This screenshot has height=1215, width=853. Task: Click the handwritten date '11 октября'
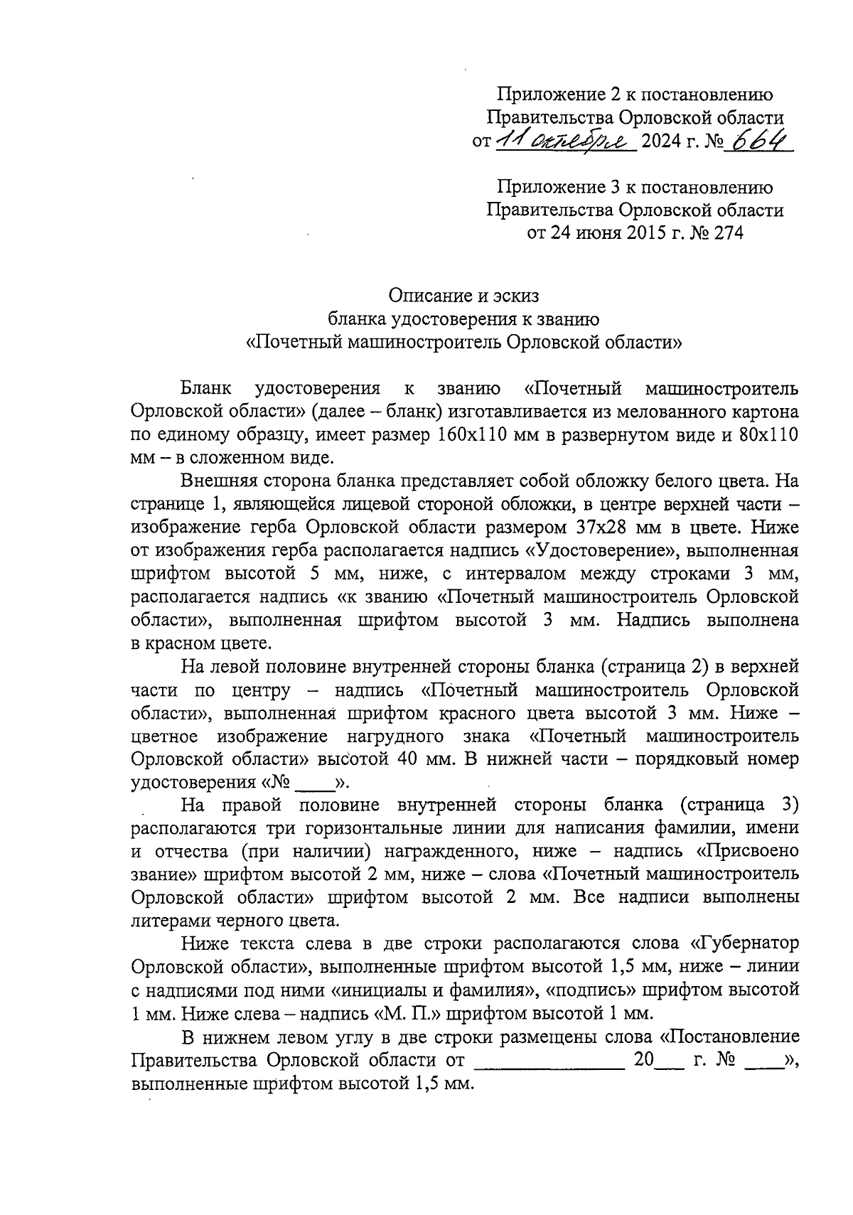click(x=564, y=139)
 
